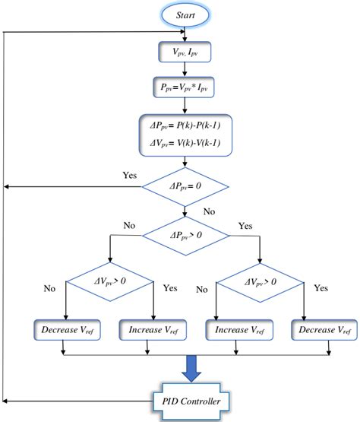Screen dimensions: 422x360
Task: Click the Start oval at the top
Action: click(185, 15)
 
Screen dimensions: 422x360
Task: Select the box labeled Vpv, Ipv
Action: click(185, 54)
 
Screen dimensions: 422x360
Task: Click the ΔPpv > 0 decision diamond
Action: click(185, 235)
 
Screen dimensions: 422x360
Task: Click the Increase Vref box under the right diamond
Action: click(238, 330)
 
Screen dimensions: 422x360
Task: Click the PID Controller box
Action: click(185, 398)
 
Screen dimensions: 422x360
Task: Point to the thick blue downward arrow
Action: click(185, 369)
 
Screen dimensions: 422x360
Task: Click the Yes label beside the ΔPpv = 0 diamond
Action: click(130, 176)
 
